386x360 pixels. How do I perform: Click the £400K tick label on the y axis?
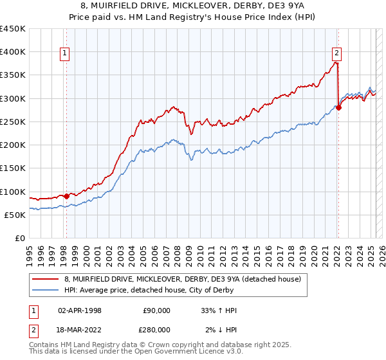(12, 52)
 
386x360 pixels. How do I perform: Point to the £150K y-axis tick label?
(12, 168)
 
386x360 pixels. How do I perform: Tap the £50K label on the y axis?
(15, 215)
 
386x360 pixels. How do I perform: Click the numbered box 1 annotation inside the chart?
(66, 54)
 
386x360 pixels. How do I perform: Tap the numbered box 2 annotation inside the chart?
(337, 54)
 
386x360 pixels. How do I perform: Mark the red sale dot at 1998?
(66, 196)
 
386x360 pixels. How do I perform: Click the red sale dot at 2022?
(338, 107)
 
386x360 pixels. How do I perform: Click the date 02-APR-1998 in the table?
(80, 310)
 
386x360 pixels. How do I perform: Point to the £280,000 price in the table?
(156, 329)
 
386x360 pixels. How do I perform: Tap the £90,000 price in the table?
(156, 310)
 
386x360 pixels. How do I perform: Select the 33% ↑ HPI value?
(219, 310)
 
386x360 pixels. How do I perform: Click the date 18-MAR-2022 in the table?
(80, 329)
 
